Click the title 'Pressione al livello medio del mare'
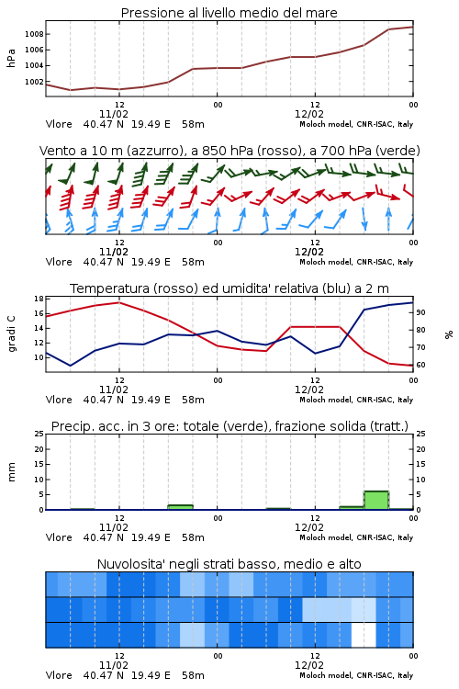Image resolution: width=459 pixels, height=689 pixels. [229, 13]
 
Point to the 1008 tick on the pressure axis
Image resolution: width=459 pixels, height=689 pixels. [34, 34]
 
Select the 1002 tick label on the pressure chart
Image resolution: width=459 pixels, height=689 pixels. [34, 82]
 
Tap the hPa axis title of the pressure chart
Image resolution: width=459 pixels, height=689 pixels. [11, 58]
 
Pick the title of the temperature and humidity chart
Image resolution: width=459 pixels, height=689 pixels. [229, 288]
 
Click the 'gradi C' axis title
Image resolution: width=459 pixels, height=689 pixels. [12, 333]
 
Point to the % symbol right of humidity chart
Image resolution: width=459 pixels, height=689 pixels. [449, 334]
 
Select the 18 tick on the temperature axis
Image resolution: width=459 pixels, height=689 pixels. [39, 299]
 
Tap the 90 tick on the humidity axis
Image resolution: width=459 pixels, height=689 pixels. [420, 312]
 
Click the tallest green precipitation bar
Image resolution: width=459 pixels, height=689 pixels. [376, 500]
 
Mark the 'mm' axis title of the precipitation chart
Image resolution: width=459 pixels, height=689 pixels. [12, 472]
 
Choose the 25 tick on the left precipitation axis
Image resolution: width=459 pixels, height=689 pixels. [39, 434]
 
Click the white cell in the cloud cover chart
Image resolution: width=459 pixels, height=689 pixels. [364, 635]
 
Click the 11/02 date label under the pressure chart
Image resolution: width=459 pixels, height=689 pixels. [114, 114]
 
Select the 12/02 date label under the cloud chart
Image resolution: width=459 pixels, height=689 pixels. [309, 665]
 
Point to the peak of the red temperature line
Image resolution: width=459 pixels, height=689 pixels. [119, 302]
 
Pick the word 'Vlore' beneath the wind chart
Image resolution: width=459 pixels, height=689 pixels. [59, 262]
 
